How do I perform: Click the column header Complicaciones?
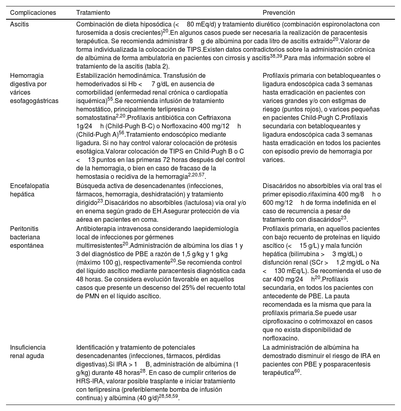tap(33, 13)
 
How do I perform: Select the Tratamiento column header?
tap(93, 13)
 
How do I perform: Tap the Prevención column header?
tap(279, 13)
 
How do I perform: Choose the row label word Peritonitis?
tap(25, 229)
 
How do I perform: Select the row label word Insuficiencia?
tap(28, 348)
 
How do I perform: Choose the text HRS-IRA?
tap(89, 381)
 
